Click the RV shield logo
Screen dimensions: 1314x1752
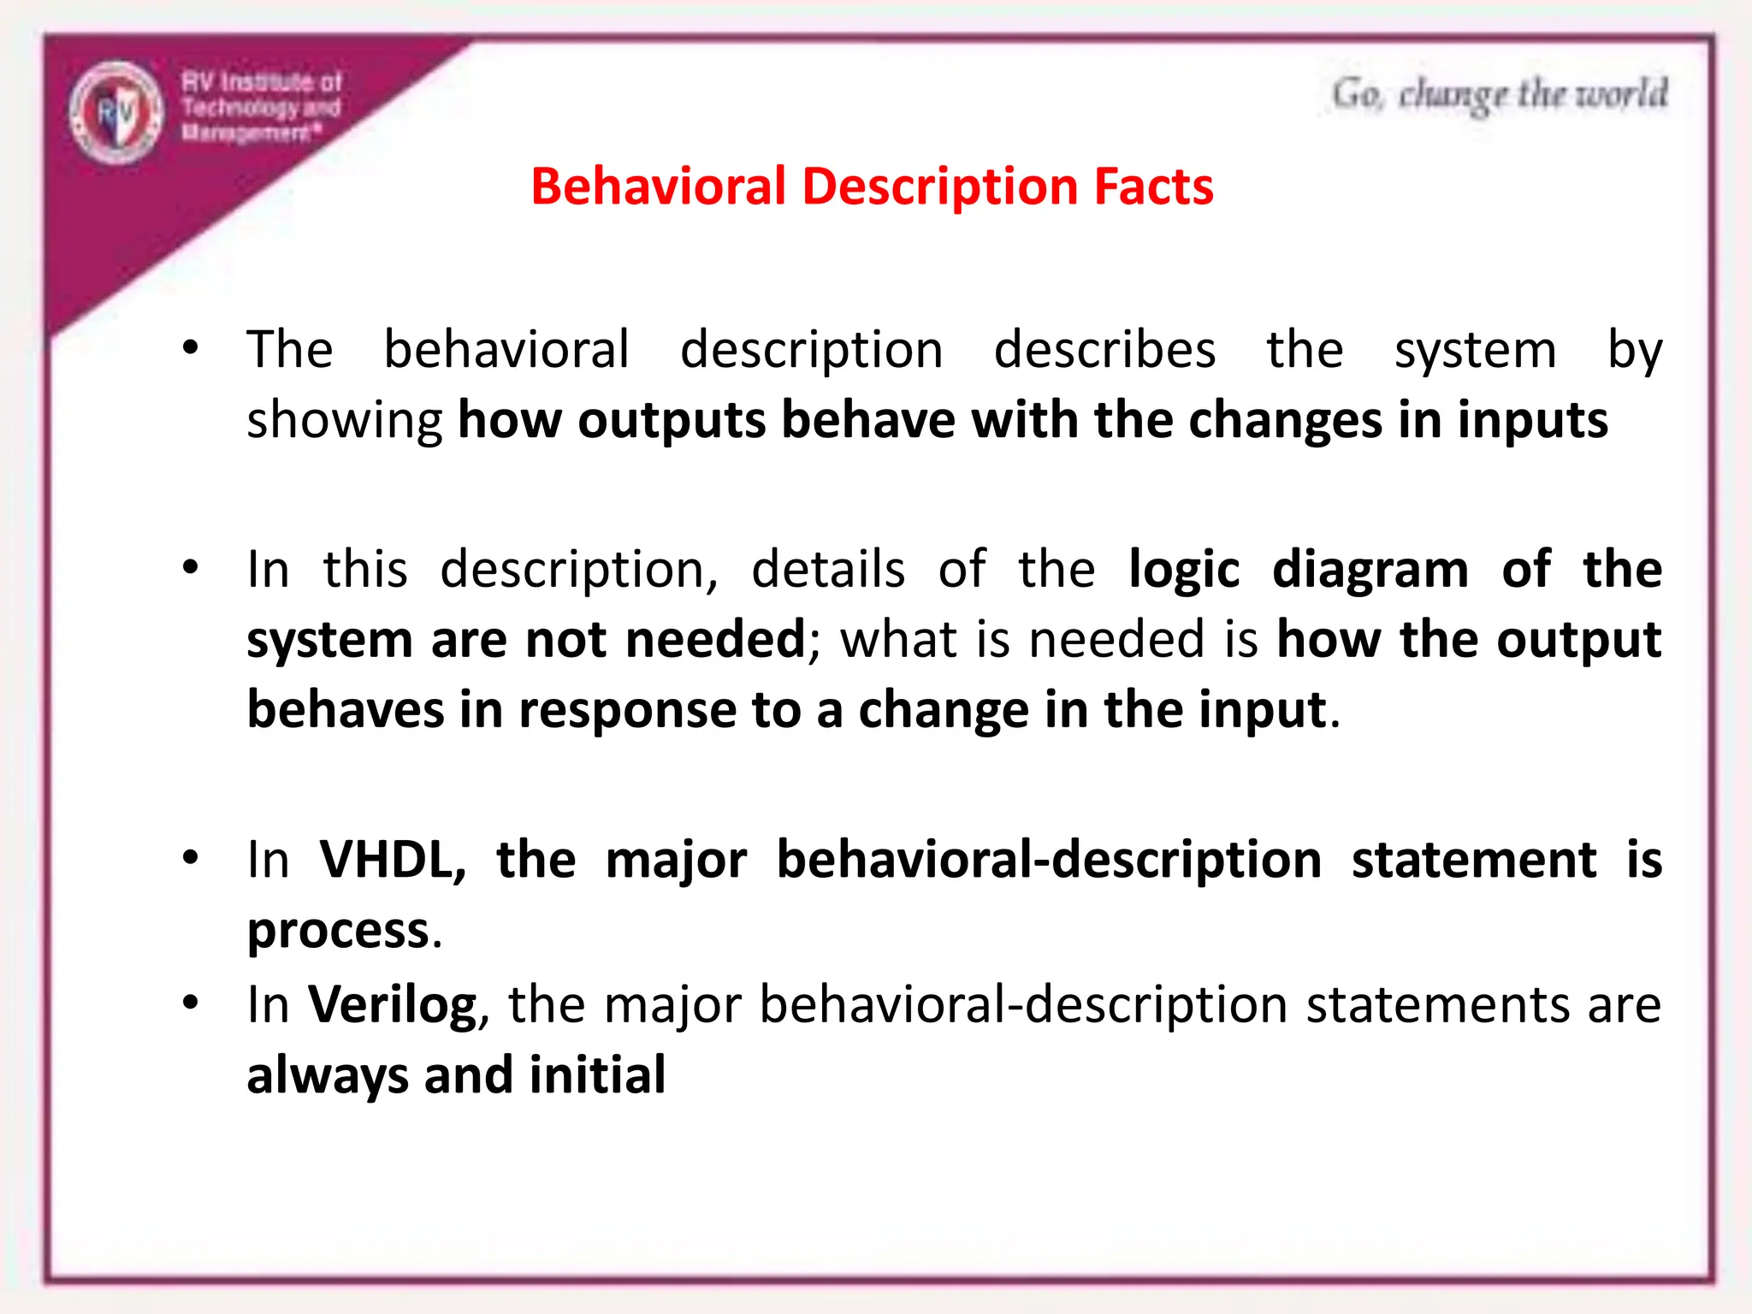[115, 112]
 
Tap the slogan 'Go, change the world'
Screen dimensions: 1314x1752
[1499, 95]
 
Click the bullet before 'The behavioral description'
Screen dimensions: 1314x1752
[191, 348]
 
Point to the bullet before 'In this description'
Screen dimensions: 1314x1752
[191, 567]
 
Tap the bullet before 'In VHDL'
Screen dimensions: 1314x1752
[191, 858]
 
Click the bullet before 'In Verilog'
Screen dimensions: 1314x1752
[191, 1003]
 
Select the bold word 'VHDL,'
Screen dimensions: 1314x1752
[393, 860]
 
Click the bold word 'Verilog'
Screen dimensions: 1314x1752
[393, 1005]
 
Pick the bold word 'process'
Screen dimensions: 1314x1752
[338, 931]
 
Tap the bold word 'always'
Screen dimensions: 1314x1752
[327, 1076]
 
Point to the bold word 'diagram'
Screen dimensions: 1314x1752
[1370, 571]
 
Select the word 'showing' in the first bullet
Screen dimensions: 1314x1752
[344, 422]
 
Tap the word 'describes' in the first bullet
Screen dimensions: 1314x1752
[1104, 350]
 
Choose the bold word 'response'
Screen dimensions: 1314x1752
[627, 711]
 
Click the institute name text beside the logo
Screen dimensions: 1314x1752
[261, 107]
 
